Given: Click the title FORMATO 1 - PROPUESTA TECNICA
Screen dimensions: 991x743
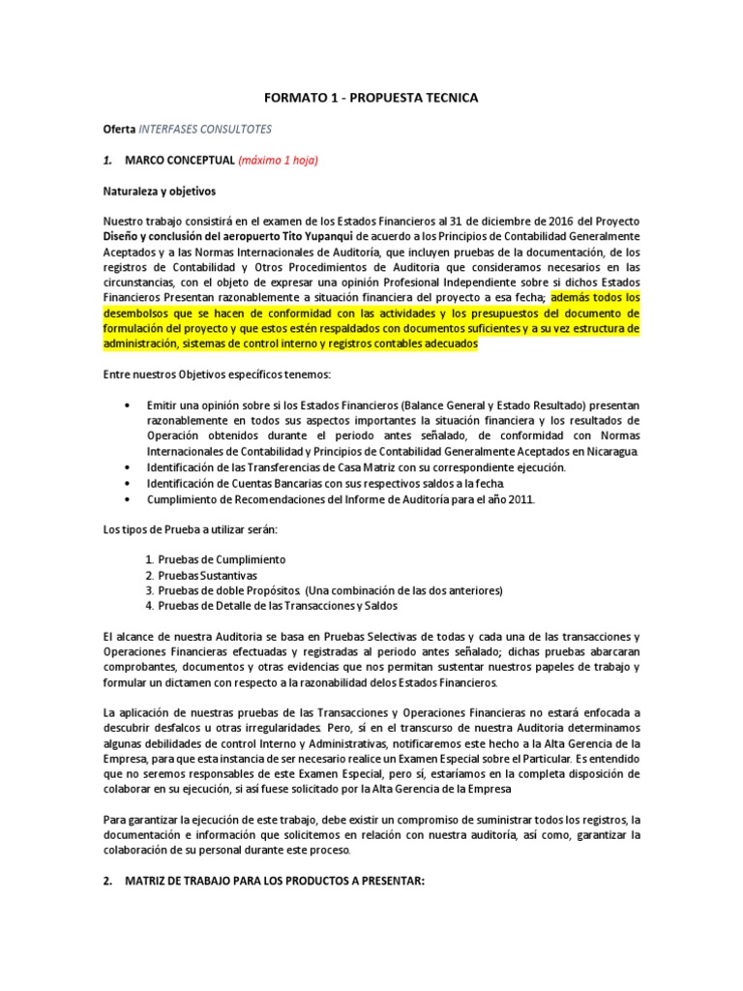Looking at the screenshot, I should (371, 98).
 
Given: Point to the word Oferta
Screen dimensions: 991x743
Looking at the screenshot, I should (120, 128).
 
